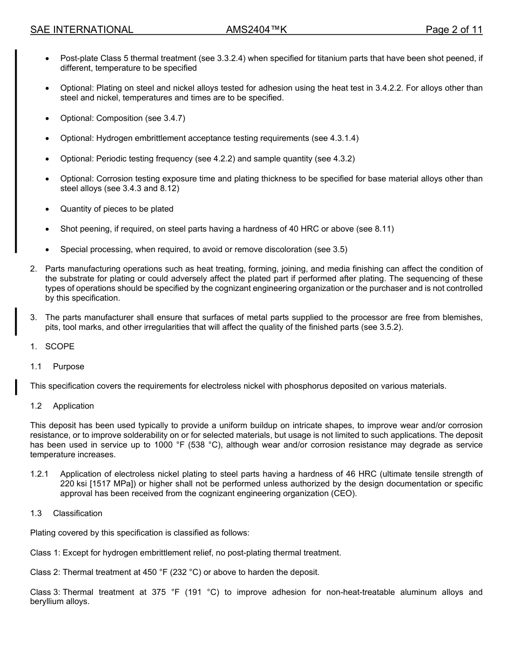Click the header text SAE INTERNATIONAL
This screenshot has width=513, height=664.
pos(82,30)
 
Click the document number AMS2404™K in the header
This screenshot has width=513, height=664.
pos(256,30)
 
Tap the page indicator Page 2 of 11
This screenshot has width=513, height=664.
pos(454,30)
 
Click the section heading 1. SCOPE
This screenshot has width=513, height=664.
pos(52,347)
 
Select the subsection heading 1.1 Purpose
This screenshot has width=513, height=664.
pos(58,367)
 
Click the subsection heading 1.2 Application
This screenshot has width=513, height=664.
pos(62,406)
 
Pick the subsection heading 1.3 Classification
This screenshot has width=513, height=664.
pos(66,513)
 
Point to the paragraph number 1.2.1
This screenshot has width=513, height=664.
pos(39,474)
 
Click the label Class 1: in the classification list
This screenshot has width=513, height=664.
pos(45,553)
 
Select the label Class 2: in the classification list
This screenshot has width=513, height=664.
pos(45,572)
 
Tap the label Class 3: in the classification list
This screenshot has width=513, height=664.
pos(45,592)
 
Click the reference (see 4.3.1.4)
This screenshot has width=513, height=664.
pos(335,138)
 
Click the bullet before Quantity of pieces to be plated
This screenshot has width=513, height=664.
pos(48,209)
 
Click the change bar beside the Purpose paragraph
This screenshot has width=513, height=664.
pos(16,387)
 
